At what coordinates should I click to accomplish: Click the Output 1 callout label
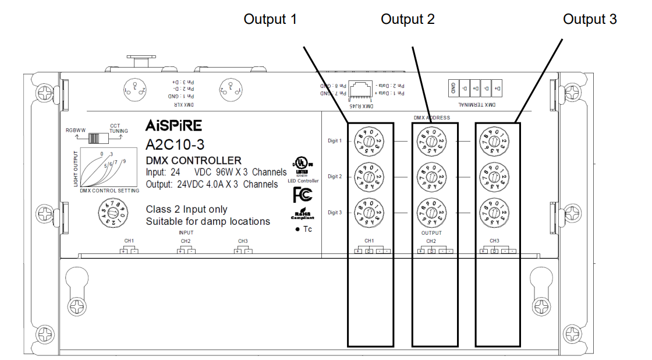270,19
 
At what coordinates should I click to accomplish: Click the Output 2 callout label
408,19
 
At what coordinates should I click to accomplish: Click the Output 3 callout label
590,19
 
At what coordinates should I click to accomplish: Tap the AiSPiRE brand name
173,126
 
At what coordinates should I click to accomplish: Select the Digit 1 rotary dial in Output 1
368,141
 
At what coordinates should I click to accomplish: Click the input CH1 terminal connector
129,250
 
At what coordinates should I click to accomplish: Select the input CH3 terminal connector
243,250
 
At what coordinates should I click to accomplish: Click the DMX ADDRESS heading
431,118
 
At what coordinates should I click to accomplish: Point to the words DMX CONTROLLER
193,160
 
